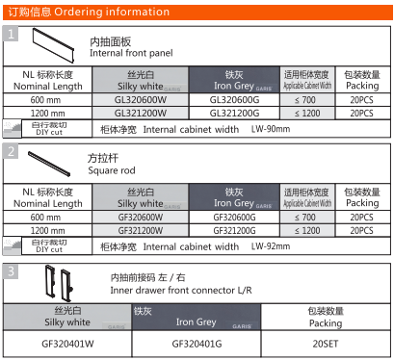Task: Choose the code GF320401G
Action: coord(196,343)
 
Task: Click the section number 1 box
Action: coord(11,34)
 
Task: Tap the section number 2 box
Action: coord(11,152)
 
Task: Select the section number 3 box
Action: coord(11,271)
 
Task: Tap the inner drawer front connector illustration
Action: coord(56,284)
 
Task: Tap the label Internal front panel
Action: coord(131,53)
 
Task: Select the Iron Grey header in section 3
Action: coord(196,317)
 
